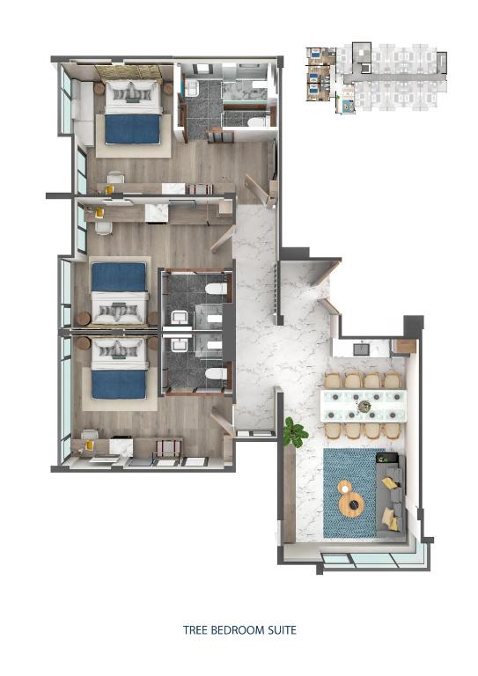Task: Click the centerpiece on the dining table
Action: [x=364, y=406]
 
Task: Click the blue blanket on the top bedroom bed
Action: [x=132, y=129]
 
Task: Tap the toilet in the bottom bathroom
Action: [x=211, y=373]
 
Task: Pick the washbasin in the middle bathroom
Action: [x=180, y=318]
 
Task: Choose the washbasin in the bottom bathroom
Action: [x=180, y=345]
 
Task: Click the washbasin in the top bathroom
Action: [x=191, y=86]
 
